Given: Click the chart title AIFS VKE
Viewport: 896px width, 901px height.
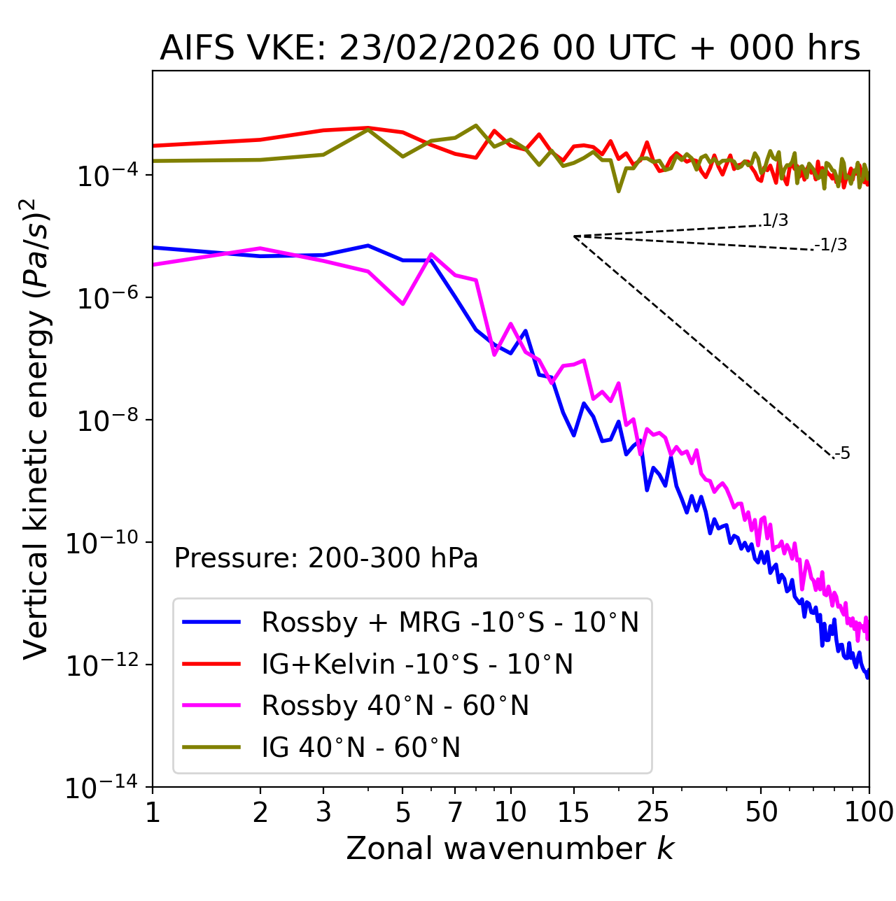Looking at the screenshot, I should click(510, 49).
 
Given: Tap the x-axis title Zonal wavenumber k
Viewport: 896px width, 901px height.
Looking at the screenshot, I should click(510, 849).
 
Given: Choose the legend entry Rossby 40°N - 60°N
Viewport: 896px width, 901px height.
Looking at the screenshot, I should click(395, 706).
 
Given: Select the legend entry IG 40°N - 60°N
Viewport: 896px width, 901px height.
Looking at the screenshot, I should click(360, 748).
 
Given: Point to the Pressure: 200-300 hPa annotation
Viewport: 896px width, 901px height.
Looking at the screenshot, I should click(326, 558).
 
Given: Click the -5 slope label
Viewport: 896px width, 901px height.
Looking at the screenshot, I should click(842, 454).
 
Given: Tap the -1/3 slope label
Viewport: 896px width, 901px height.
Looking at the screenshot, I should click(831, 245).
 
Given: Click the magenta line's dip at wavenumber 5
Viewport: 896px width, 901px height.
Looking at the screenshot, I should click(402, 304).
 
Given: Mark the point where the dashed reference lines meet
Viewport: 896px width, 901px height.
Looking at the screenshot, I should click(574, 236).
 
